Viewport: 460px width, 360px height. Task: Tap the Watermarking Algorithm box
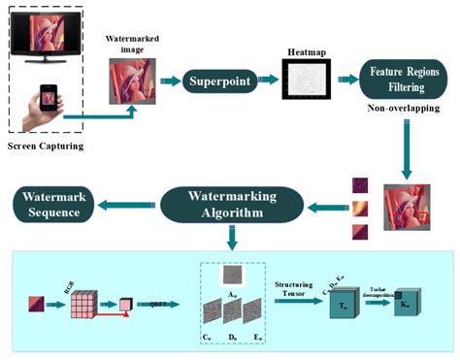230,204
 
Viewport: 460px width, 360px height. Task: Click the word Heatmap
308,49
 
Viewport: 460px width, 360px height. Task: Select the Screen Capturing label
47,147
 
